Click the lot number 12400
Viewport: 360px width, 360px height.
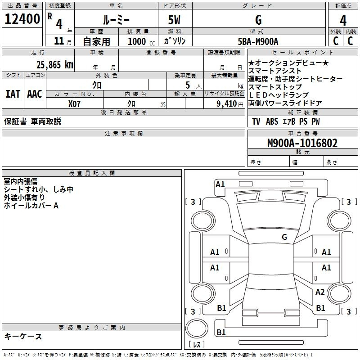point(22,19)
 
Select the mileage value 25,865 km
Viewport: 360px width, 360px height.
point(55,65)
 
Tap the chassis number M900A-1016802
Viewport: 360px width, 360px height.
point(302,143)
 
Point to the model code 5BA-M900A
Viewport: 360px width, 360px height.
point(258,41)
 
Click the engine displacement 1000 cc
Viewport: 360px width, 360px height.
point(141,41)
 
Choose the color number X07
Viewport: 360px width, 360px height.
point(74,104)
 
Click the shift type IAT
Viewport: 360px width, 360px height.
point(13,94)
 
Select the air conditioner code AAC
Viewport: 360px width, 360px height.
point(35,94)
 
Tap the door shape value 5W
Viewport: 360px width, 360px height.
point(174,20)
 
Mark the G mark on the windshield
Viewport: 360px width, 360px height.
point(284,237)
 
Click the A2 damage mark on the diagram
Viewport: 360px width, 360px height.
point(320,292)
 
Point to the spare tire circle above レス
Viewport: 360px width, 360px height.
point(197,328)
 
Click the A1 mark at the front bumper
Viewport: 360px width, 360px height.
point(220,184)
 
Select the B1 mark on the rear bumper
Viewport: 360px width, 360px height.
point(221,332)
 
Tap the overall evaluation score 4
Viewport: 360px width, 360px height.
point(343,21)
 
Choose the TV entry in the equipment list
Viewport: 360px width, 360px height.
point(256,121)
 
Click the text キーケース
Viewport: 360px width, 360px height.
point(23,337)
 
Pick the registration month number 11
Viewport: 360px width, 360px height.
point(59,41)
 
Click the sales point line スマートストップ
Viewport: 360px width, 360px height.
point(275,87)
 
